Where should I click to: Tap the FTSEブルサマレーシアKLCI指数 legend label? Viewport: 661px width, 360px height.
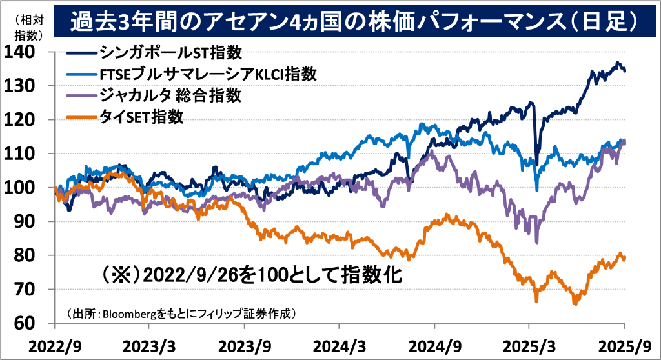click(208, 73)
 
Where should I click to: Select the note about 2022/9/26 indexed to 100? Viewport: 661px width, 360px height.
click(252, 276)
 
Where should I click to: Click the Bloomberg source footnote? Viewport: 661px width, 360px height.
click(181, 314)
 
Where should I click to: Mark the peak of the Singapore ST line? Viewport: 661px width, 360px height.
click(618, 63)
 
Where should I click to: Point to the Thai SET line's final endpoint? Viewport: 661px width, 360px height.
click(624, 258)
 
